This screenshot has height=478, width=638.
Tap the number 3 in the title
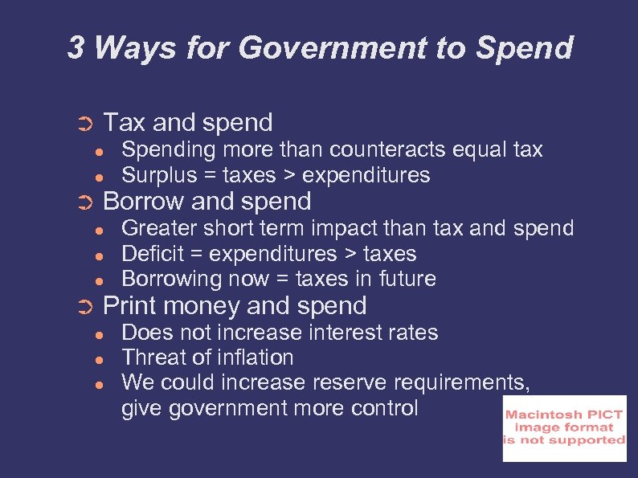click(x=76, y=48)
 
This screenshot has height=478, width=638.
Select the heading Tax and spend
click(x=189, y=123)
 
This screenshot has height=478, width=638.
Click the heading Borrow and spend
click(x=207, y=201)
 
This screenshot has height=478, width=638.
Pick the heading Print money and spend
click(x=235, y=305)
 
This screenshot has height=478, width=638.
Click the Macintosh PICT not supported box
click(x=564, y=428)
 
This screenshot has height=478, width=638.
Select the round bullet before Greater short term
click(x=97, y=230)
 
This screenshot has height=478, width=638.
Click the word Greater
click(x=153, y=228)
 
